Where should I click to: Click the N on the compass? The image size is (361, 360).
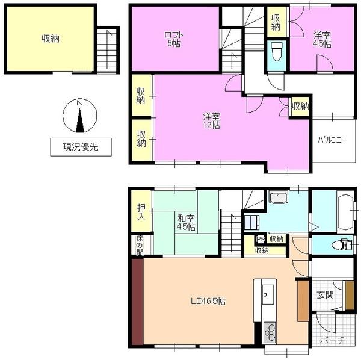pyautogui.click(x=80, y=103)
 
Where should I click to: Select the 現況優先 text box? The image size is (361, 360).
pyautogui.click(x=81, y=147)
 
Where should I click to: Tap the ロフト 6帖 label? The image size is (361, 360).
pyautogui.click(x=174, y=39)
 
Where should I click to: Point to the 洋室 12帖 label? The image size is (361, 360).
pyautogui.click(x=211, y=120)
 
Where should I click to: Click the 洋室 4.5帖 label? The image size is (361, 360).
pyautogui.click(x=322, y=39)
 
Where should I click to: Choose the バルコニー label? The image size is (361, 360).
pyautogui.click(x=332, y=140)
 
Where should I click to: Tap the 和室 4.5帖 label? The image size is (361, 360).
pyautogui.click(x=186, y=223)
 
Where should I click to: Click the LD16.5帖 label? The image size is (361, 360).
pyautogui.click(x=208, y=301)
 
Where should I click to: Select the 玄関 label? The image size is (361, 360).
pyautogui.click(x=325, y=295)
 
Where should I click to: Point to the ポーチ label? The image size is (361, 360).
pyautogui.click(x=332, y=340)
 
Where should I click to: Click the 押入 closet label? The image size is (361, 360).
pyautogui.click(x=141, y=212)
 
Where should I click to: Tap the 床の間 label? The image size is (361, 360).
pyautogui.click(x=140, y=246)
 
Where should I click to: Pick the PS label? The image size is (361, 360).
pyautogui.click(x=261, y=239)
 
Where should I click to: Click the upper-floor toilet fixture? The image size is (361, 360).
pyautogui.click(x=276, y=51)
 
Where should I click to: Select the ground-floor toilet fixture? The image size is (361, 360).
pyautogui.click(x=342, y=244)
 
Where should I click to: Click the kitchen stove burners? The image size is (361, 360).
pyautogui.click(x=270, y=331)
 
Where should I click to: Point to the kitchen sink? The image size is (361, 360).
pyautogui.click(x=268, y=294)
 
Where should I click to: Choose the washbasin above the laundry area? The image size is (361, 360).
pyautogui.click(x=279, y=197)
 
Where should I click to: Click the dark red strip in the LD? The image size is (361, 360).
pyautogui.click(x=137, y=302)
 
